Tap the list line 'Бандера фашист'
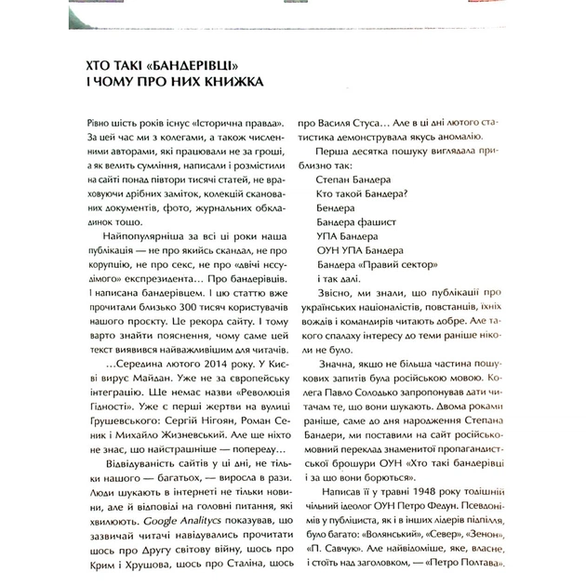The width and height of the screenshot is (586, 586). tap(357, 222)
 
